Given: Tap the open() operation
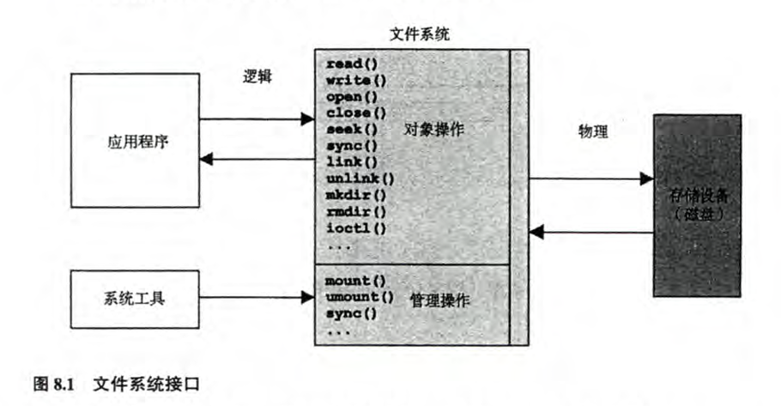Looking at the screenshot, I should [348, 98].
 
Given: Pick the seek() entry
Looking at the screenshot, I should [348, 130].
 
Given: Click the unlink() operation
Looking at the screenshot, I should [360, 179].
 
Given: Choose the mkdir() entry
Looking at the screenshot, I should [355, 195].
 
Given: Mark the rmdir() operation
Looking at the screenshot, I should [355, 211].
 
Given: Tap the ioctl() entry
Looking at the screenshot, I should [355, 227].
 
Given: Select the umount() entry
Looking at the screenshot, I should [359, 297].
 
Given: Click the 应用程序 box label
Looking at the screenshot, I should [135, 140].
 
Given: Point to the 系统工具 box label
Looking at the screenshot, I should [135, 299].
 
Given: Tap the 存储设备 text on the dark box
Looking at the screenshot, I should [696, 197].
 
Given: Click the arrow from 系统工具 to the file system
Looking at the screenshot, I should [257, 299].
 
